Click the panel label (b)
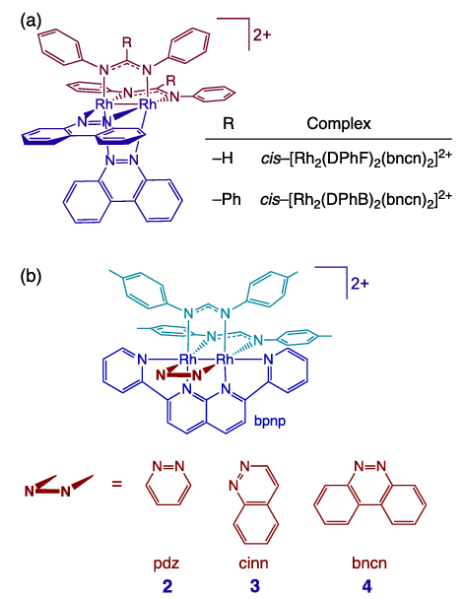[x=31, y=276]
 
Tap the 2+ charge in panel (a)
[x=262, y=35]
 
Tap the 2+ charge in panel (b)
[x=360, y=284]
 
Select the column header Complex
[x=339, y=123]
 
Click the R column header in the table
[x=229, y=123]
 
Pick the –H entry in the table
[x=223, y=159]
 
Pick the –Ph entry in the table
[x=227, y=199]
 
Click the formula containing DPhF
[x=357, y=159]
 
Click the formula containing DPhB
[x=357, y=199]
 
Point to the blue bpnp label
[x=270, y=422]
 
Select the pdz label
[x=166, y=564]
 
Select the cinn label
[x=253, y=564]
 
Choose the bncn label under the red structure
[x=369, y=564]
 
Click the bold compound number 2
[x=166, y=585]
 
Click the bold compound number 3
[x=254, y=585]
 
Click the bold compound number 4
[x=367, y=585]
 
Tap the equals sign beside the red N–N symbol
[x=117, y=484]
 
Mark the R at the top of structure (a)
[x=127, y=42]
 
